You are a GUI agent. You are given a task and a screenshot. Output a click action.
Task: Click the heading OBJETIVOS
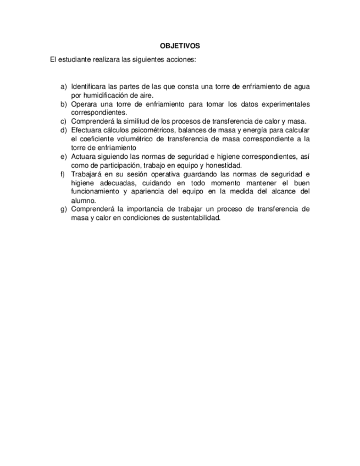click(180, 46)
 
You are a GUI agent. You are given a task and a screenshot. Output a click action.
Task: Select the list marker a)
click(64, 87)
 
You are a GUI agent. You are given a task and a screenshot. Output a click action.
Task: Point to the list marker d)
click(64, 130)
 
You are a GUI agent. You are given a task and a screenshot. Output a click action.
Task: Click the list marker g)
click(64, 209)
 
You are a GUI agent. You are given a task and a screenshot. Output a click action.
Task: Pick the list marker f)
click(63, 174)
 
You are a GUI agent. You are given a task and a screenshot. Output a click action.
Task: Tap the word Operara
click(85, 104)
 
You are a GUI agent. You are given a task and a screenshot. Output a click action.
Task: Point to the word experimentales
click(283, 104)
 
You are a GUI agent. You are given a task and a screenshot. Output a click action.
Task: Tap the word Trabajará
click(88, 174)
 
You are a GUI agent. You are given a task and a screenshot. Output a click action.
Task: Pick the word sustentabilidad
click(193, 218)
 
